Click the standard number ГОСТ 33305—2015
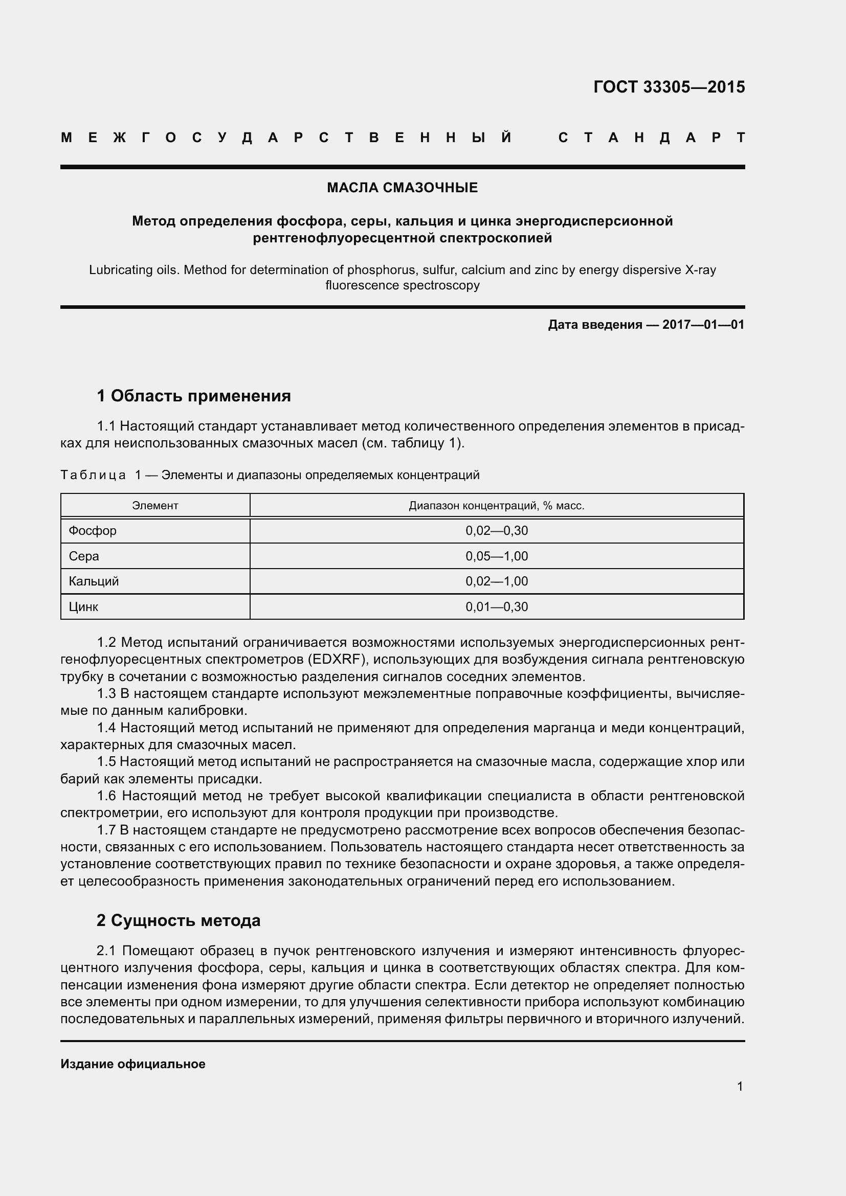[x=669, y=87]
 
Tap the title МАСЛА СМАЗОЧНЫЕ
[x=402, y=188]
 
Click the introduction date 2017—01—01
[x=703, y=325]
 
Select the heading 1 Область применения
[x=194, y=396]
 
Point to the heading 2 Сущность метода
[x=178, y=920]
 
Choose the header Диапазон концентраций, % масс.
[x=497, y=505]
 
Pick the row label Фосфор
[x=93, y=531]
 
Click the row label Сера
[x=84, y=556]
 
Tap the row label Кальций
[x=94, y=581]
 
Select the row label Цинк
[x=83, y=607]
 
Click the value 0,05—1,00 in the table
[x=497, y=556]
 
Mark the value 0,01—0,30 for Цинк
[x=497, y=607]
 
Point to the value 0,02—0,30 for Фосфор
[x=497, y=531]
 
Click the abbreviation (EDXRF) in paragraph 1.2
[x=338, y=660]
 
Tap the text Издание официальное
[x=133, y=1064]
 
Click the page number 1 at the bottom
[x=740, y=1086]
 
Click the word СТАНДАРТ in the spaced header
[x=651, y=138]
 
